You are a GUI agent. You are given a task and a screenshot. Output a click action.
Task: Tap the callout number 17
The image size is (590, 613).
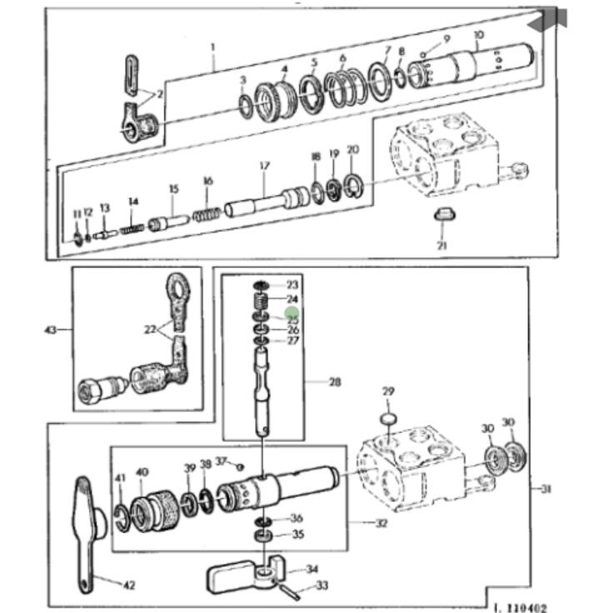(264, 166)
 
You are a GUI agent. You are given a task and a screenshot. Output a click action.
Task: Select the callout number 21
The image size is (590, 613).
(442, 245)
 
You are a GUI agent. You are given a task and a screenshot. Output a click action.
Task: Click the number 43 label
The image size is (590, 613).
(50, 329)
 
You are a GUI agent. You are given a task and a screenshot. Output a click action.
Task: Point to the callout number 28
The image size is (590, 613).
(335, 382)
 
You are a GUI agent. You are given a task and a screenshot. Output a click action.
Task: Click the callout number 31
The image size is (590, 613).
(545, 490)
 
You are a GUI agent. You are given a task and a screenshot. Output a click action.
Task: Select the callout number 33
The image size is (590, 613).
(322, 585)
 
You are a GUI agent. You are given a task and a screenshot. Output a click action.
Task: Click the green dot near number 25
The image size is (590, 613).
(292, 313)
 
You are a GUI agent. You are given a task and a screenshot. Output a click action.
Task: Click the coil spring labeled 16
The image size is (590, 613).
(205, 214)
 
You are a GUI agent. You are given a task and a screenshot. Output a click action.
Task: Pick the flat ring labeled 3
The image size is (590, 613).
(244, 106)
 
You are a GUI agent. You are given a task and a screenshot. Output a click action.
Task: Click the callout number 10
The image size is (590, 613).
(478, 34)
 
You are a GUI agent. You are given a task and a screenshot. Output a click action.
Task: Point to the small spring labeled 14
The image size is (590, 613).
(131, 226)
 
